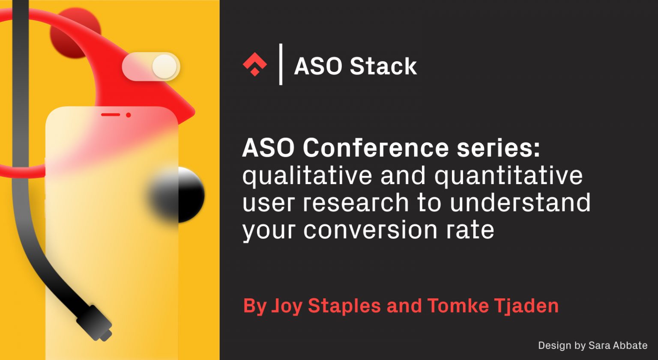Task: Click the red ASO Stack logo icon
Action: click(255, 65)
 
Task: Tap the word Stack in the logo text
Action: click(383, 66)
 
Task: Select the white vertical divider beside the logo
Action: click(281, 64)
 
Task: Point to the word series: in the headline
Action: click(498, 148)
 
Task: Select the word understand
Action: click(520, 203)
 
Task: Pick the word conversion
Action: click(370, 230)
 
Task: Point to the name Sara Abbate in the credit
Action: click(618, 345)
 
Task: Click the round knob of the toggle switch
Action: click(164, 67)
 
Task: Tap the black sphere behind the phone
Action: click(188, 195)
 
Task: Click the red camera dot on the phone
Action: click(128, 115)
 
